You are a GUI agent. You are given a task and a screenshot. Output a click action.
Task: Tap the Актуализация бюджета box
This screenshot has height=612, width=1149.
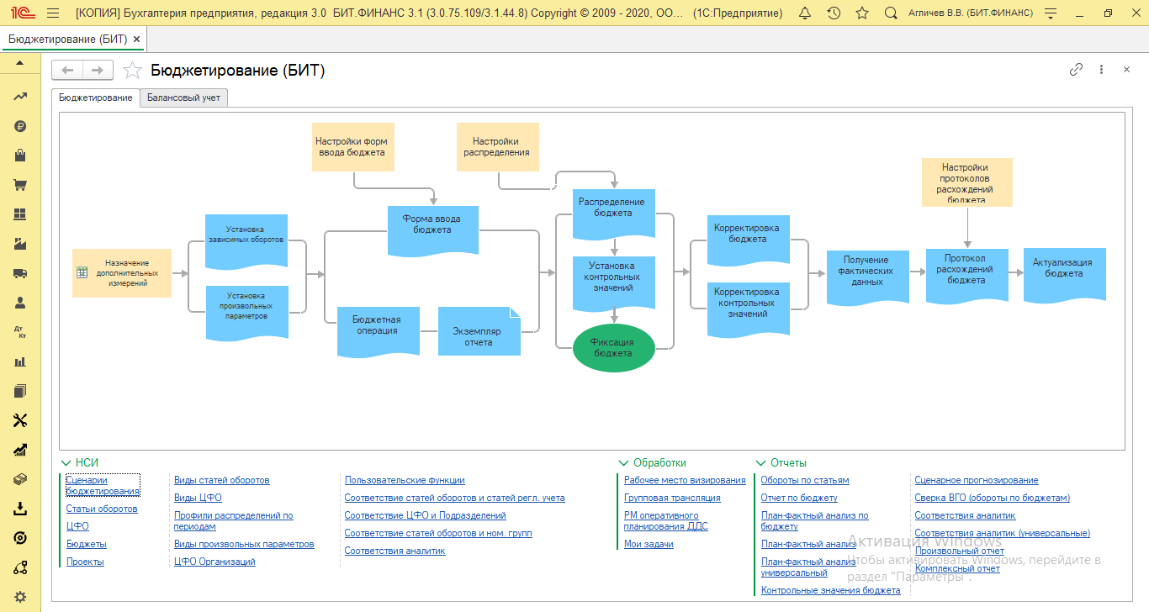(x=1064, y=272)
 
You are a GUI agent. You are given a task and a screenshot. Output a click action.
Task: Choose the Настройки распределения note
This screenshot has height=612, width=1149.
(x=497, y=147)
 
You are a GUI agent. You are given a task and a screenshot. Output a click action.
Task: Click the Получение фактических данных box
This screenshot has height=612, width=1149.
(x=867, y=275)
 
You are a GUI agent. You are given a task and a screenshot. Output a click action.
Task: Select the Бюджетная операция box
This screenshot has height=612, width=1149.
(x=376, y=326)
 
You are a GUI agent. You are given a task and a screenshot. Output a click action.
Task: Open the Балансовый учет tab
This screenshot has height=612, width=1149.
(x=183, y=98)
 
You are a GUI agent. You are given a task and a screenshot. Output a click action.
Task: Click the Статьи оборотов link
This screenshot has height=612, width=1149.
(x=102, y=509)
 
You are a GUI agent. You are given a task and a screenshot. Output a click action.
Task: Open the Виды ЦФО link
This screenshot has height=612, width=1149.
(x=198, y=498)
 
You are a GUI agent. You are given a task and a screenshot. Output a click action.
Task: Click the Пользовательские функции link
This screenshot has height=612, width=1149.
(x=405, y=480)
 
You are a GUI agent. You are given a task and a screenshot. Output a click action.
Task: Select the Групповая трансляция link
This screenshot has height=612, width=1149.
(x=672, y=498)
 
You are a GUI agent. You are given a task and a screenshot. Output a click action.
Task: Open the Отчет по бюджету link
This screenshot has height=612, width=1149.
(x=799, y=498)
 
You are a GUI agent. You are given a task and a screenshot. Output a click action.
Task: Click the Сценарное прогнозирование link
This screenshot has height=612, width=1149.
(x=977, y=480)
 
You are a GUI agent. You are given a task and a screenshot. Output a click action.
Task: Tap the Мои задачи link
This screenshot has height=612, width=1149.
(x=649, y=544)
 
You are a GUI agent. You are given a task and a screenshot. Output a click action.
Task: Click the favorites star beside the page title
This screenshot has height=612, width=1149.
(x=132, y=71)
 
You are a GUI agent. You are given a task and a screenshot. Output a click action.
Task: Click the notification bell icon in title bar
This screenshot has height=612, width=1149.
(x=805, y=13)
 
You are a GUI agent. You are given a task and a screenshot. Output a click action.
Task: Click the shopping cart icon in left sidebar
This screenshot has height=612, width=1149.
(x=20, y=185)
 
